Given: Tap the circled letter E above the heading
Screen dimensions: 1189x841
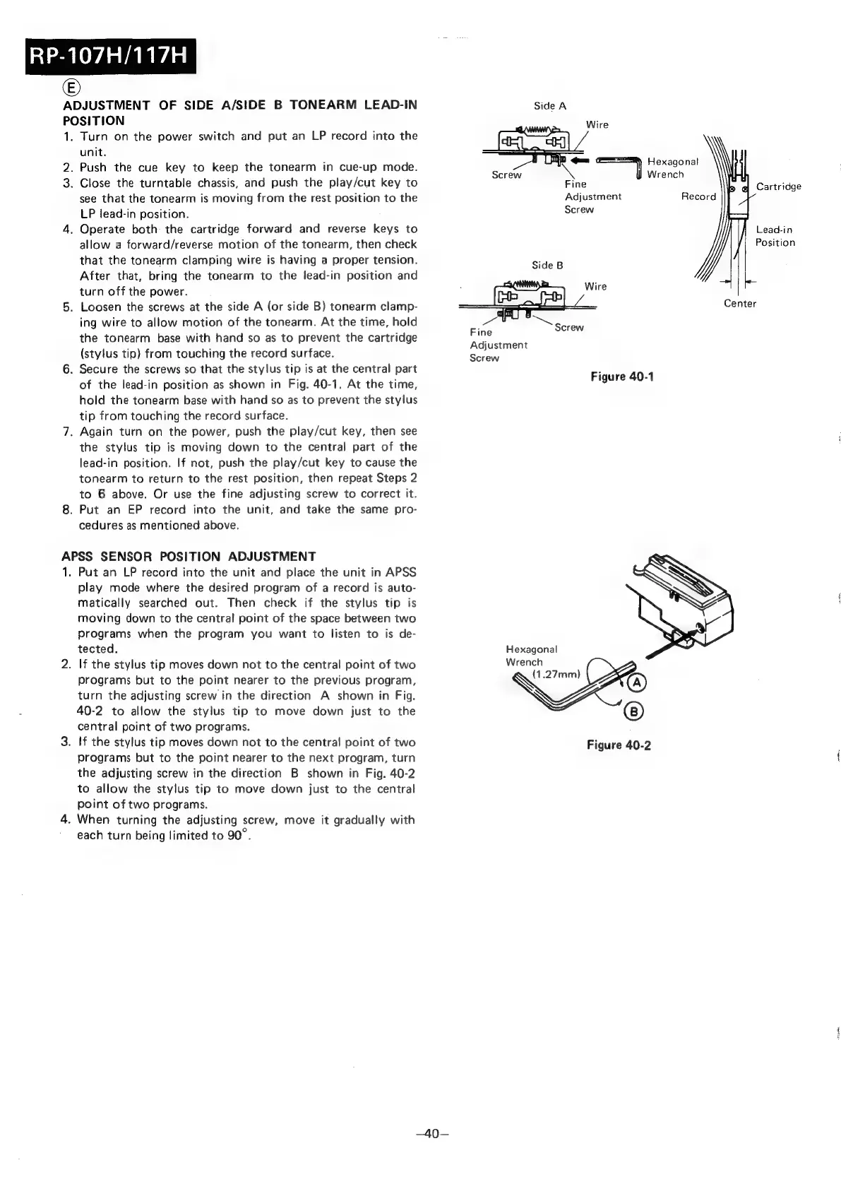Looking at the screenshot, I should pyautogui.click(x=71, y=88).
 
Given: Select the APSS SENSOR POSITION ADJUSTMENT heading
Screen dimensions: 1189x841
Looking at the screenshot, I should pyautogui.click(x=189, y=556).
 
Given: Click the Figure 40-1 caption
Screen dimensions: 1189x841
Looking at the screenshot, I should pyautogui.click(x=622, y=377).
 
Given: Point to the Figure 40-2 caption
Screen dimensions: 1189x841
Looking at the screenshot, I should pyautogui.click(x=619, y=745).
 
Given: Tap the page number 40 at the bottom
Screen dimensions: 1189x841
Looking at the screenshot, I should pyautogui.click(x=428, y=1134).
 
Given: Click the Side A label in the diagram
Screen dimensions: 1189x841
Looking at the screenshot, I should pyautogui.click(x=550, y=106).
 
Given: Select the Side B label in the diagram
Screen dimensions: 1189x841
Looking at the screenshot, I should pyautogui.click(x=547, y=265).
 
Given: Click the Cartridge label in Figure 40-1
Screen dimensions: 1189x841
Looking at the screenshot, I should pyautogui.click(x=778, y=187).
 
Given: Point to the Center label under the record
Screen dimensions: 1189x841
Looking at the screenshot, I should pyautogui.click(x=739, y=304).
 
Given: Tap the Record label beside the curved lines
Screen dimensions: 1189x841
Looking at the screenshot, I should pyautogui.click(x=698, y=196).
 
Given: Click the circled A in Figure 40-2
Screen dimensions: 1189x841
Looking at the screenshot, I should pyautogui.click(x=636, y=682).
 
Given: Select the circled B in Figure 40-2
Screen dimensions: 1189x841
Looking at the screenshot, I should pyautogui.click(x=633, y=711).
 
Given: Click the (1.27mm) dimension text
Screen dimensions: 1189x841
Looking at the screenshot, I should pyautogui.click(x=556, y=674).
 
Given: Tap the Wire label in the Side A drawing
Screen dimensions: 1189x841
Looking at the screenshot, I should pyautogui.click(x=597, y=124).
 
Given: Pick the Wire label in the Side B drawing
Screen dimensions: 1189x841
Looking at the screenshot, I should pyautogui.click(x=595, y=286).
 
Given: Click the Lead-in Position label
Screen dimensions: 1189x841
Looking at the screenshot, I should pyautogui.click(x=775, y=236).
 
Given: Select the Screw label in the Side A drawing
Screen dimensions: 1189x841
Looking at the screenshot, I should pyautogui.click(x=506, y=174).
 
